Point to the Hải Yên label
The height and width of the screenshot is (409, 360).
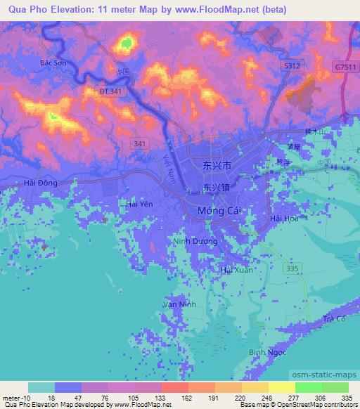point(139,204)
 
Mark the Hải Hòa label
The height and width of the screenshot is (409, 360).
point(285,219)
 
